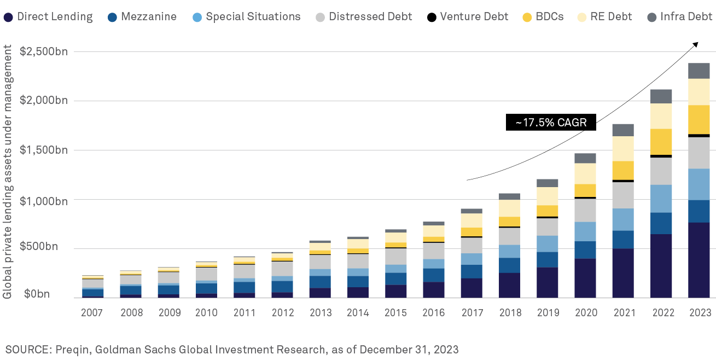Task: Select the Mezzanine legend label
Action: [142, 16]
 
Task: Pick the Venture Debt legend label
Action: [468, 16]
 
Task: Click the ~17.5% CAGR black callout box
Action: [550, 123]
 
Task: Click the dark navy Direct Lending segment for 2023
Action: [698, 260]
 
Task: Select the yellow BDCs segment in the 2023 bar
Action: [698, 119]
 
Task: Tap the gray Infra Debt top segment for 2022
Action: [661, 96]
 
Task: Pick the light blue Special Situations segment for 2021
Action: [623, 219]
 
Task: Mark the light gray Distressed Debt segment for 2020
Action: [585, 210]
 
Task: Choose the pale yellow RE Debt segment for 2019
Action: [547, 196]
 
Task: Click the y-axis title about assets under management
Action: [8, 171]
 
